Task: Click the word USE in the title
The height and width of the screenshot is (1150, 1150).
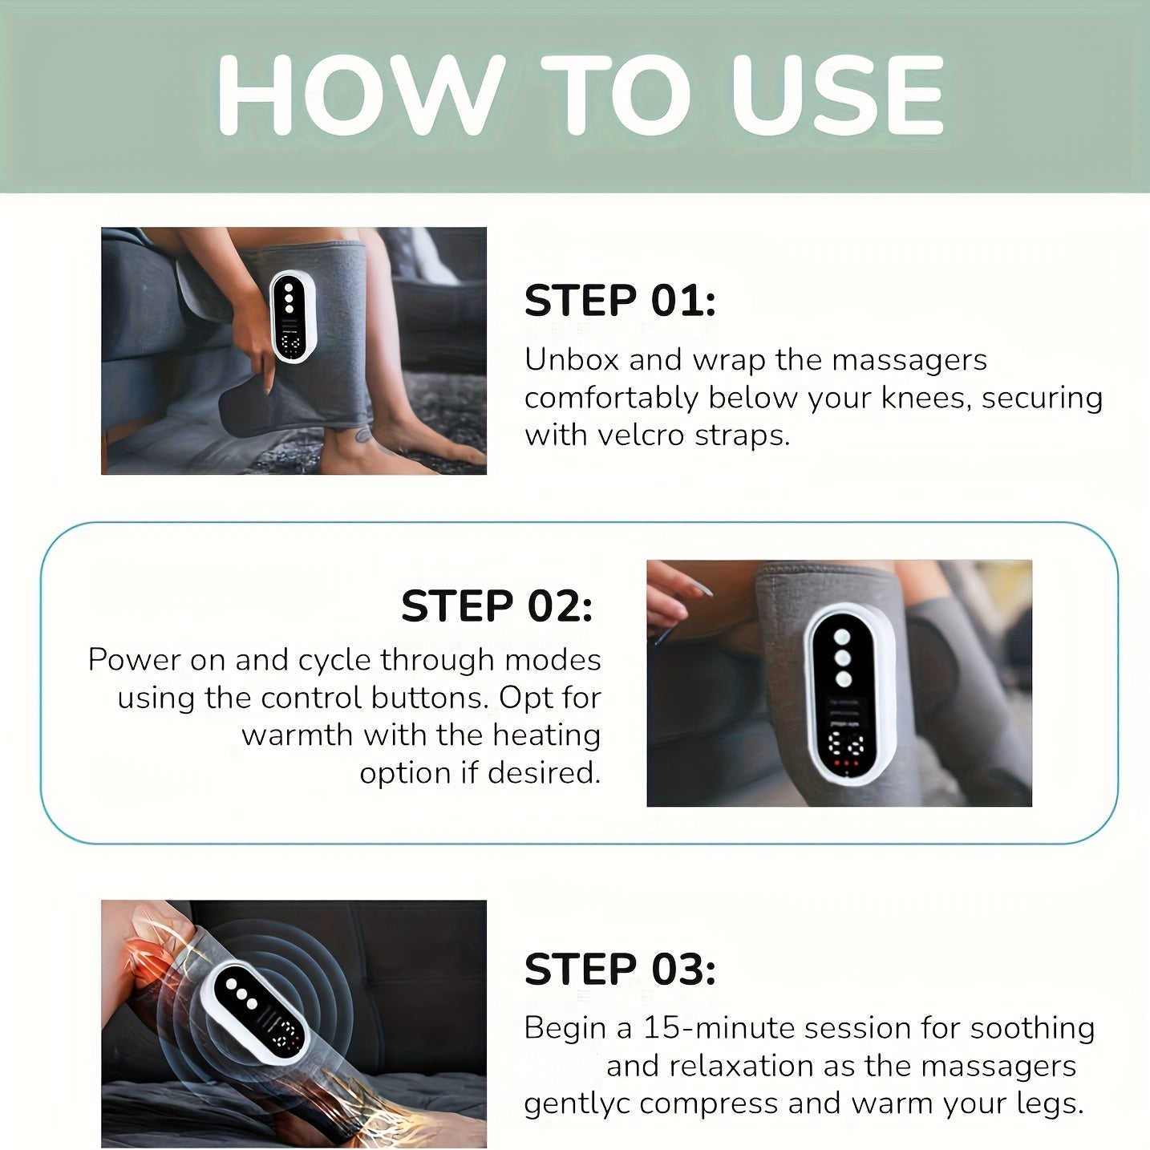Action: [837, 95]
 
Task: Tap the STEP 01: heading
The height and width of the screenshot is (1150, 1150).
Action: [619, 301]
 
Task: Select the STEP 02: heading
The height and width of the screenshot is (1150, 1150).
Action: [496, 605]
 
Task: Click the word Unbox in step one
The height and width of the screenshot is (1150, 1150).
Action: [572, 360]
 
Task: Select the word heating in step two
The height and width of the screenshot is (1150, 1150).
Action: [546, 735]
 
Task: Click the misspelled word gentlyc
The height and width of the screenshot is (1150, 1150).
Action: [577, 1103]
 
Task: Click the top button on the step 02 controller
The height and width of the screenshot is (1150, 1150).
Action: [843, 638]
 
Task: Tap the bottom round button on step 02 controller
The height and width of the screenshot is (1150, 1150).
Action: [843, 679]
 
